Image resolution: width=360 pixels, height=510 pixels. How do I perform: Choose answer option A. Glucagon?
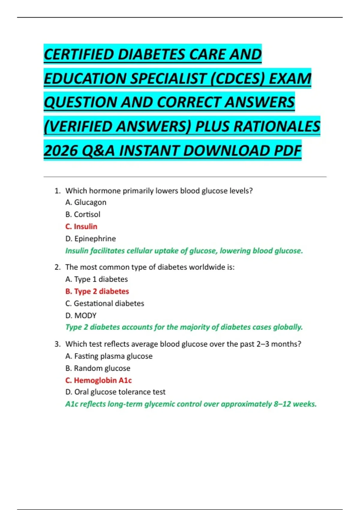click(x=86, y=202)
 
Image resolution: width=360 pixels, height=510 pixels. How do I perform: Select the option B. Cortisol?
click(x=83, y=214)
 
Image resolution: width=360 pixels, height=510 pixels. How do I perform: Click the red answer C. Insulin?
click(x=81, y=226)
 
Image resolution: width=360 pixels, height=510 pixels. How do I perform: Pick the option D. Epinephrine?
click(x=91, y=239)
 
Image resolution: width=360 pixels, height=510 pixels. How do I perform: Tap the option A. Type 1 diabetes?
click(x=97, y=279)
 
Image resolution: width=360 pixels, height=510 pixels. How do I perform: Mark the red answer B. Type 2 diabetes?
click(x=97, y=291)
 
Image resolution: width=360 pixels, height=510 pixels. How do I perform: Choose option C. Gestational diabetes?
click(x=105, y=304)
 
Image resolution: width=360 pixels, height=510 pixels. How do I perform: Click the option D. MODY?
click(x=81, y=316)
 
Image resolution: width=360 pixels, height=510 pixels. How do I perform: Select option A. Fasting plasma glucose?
click(x=109, y=356)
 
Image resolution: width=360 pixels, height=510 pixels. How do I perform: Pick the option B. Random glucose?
click(x=98, y=368)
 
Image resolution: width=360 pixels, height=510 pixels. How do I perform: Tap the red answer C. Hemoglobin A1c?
click(x=99, y=380)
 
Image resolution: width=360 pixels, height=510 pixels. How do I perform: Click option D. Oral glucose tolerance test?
click(x=115, y=392)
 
